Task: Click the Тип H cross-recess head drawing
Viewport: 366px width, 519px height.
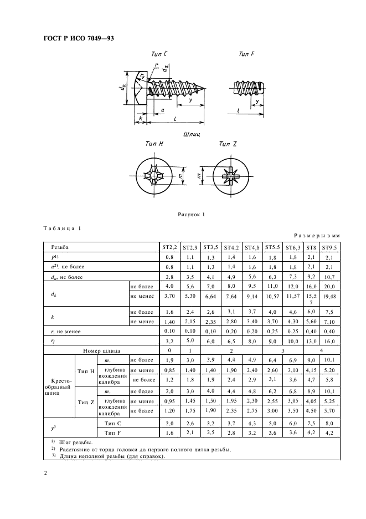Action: click(157, 177)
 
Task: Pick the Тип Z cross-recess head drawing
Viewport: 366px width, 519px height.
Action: click(229, 177)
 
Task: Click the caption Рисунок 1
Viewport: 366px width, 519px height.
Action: click(191, 214)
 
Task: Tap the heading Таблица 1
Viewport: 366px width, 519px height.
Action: click(62, 228)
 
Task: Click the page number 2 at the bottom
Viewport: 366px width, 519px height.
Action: click(46, 473)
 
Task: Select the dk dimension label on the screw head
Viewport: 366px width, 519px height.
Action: click(125, 88)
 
